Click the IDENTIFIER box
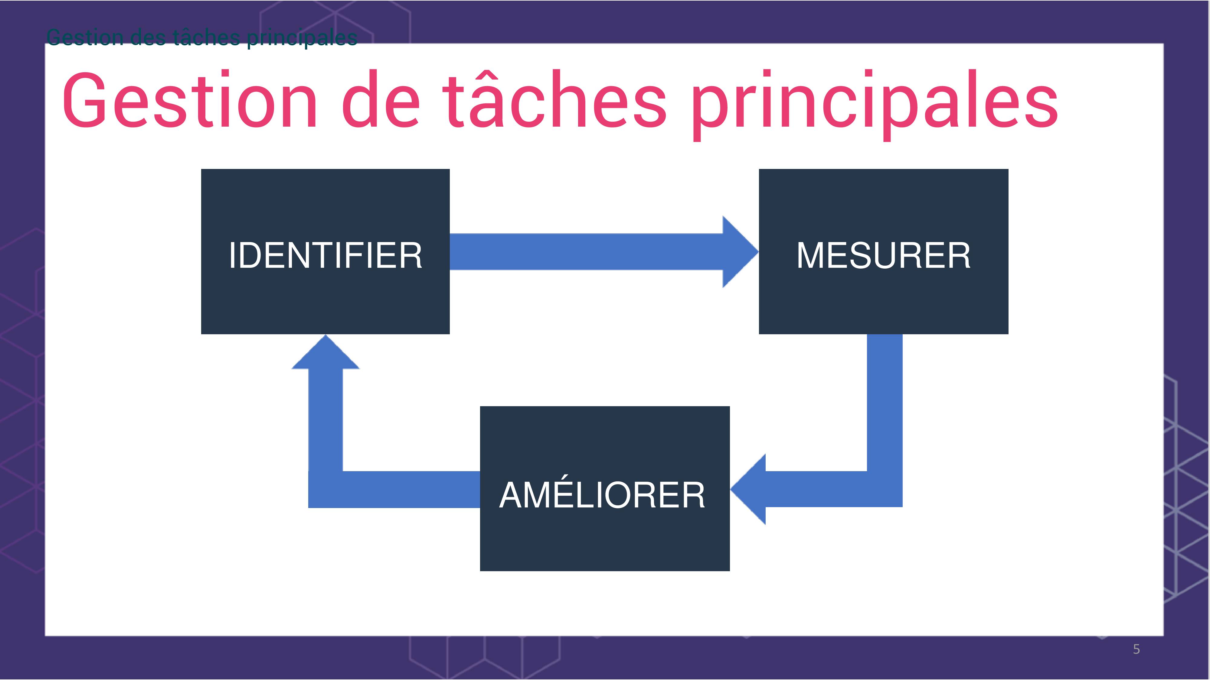(x=325, y=251)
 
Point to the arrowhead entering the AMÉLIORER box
(x=748, y=489)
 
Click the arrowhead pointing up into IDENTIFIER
(x=325, y=352)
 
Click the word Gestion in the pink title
(x=190, y=99)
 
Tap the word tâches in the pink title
(x=554, y=99)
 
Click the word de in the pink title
(x=381, y=99)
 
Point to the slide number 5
(x=1136, y=649)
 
